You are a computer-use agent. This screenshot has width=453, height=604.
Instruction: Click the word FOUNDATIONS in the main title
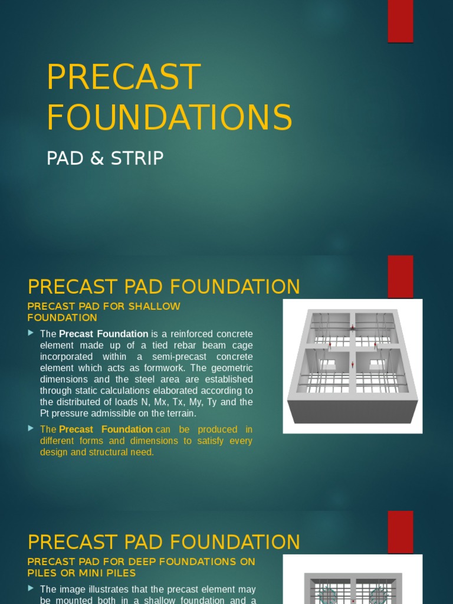tap(169, 117)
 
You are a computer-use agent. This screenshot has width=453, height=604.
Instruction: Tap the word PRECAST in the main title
tap(124, 77)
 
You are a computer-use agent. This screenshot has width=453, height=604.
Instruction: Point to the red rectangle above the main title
tap(400, 21)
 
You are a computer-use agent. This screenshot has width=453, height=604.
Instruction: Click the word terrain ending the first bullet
tap(179, 413)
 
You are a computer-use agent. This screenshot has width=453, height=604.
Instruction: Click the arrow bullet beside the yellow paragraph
tap(31, 429)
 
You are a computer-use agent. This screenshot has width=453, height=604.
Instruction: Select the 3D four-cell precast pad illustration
tap(353, 366)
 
